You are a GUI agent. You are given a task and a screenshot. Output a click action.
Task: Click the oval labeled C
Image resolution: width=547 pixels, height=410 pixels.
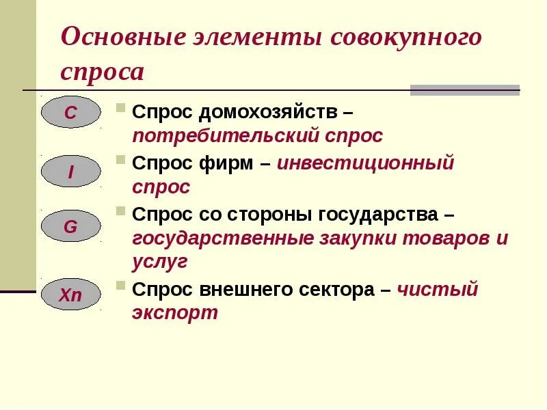coord(70,113)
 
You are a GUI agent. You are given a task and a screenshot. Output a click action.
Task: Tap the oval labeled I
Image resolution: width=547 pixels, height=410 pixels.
coord(70,172)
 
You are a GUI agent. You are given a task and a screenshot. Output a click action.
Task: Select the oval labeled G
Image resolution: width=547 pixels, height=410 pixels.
coord(70,227)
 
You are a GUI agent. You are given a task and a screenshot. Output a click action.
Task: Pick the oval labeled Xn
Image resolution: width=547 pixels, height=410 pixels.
coord(70,295)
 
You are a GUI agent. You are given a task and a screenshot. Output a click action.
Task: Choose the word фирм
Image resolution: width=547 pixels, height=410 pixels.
coord(228,163)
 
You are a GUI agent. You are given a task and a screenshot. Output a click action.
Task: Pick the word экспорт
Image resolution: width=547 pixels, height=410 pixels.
coord(175,314)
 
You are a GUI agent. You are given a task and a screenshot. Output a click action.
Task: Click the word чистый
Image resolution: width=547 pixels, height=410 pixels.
coord(438,290)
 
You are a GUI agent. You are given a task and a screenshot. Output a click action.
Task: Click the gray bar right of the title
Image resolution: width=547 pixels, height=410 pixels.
coord(465,90)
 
